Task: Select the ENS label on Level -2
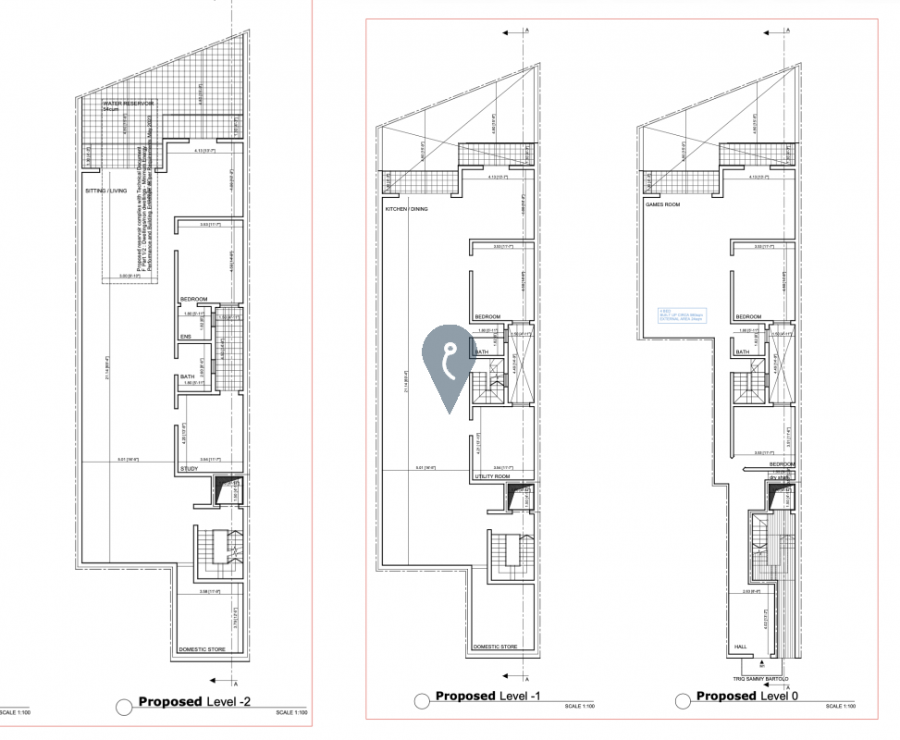185,337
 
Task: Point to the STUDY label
188,469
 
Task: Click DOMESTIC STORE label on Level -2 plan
203,649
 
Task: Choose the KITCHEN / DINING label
407,209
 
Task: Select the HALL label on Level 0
739,647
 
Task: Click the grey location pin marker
449,363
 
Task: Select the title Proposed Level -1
496,696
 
